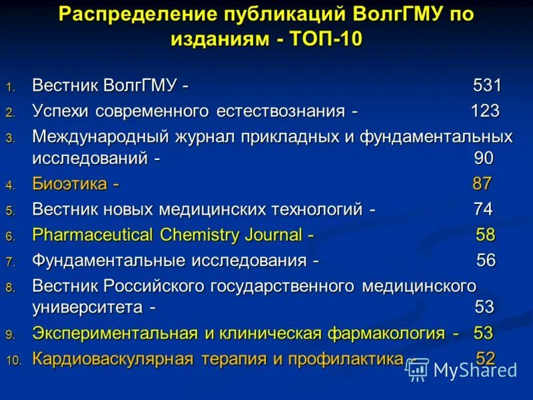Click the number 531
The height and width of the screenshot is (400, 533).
pos(487,86)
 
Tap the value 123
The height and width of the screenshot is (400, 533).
pos(485,111)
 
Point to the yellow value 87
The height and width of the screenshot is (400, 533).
pos(482,184)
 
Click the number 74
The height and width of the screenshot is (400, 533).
pos(483,209)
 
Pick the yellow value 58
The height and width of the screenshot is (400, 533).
pos(486,235)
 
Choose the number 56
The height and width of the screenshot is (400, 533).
pos(486,260)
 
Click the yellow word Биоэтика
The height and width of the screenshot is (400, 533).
pos(71,184)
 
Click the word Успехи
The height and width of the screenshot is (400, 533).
pos(61,111)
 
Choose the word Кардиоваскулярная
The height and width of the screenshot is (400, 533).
pos(113,359)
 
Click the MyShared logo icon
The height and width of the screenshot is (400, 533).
pos(416,369)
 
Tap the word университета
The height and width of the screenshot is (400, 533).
pos(87,308)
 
